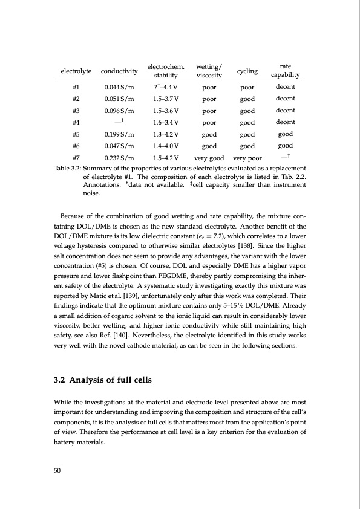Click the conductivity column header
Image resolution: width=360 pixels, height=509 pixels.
click(119, 71)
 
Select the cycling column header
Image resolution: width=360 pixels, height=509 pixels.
click(247, 71)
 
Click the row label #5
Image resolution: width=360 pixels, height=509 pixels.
click(76, 134)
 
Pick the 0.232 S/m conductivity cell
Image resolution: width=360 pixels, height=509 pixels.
click(119, 158)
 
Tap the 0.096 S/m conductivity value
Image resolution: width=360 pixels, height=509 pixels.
click(119, 111)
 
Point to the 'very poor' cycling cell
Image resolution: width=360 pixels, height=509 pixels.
click(247, 158)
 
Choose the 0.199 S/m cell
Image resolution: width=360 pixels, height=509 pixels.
click(119, 134)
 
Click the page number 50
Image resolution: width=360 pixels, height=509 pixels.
click(59, 469)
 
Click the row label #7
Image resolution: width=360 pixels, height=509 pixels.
click(76, 158)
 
